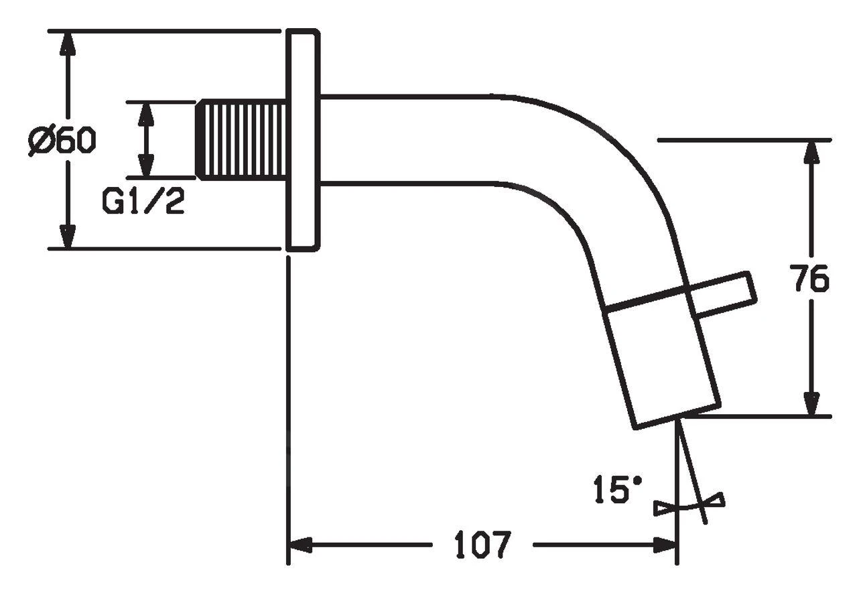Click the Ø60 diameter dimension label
tap(62, 141)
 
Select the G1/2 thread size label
tap(143, 200)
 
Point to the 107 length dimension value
tap(482, 545)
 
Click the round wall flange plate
tap(303, 140)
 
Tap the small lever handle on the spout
tap(724, 294)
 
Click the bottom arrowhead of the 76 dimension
tap(811, 403)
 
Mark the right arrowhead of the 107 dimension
tap(665, 545)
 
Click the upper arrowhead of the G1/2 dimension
tap(145, 114)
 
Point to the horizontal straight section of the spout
tap(409, 139)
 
